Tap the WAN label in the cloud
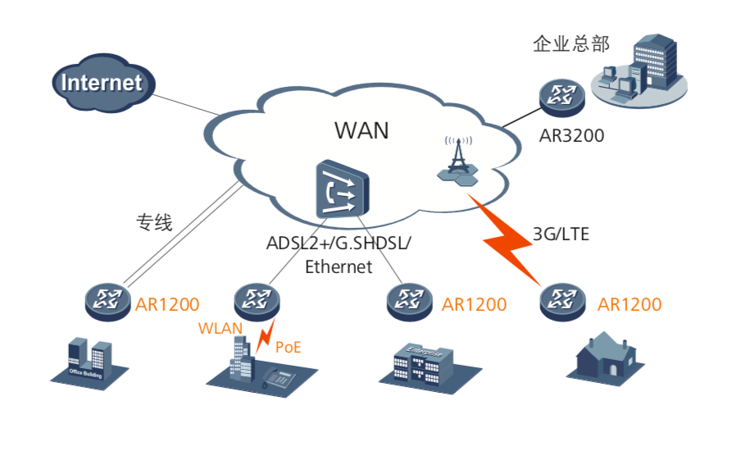362,130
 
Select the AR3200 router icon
562,97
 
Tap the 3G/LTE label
561,234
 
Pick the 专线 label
154,222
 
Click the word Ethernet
339,266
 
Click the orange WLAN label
221,328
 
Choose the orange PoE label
288,347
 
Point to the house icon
606,355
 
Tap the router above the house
563,302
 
